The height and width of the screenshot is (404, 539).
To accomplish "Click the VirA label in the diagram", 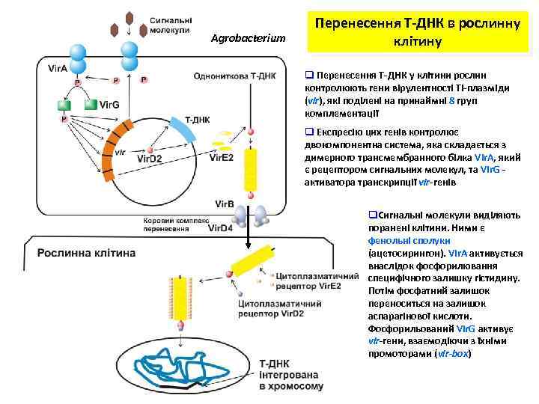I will pos(58,69).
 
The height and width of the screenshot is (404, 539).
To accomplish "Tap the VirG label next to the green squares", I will pos(109,105).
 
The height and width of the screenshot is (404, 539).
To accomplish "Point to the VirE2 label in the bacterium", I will pos(222,157).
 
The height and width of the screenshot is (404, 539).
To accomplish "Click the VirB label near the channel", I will pos(225,203).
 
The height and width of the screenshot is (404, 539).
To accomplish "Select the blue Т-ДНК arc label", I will pos(198,118).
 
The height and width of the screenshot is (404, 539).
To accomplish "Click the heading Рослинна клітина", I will pos(87,252).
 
